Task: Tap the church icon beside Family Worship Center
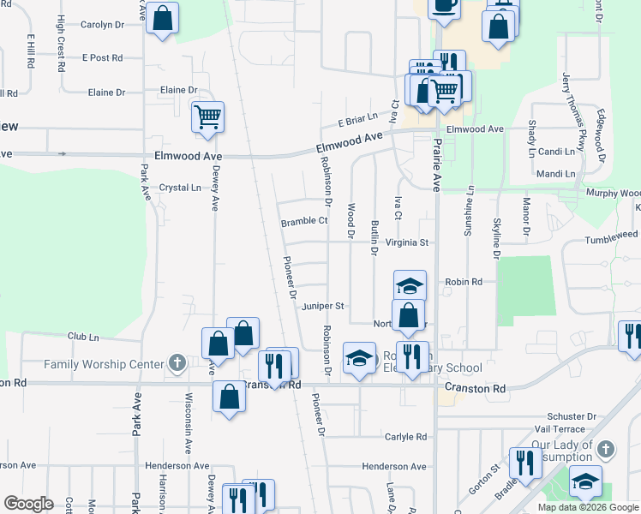(x=177, y=364)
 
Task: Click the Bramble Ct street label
(x=304, y=222)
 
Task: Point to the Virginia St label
(x=406, y=242)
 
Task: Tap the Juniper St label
(x=323, y=306)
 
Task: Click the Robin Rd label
(x=464, y=281)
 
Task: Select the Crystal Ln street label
(x=180, y=187)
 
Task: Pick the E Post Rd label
(x=102, y=57)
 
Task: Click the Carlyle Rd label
(x=405, y=436)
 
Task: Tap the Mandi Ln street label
(x=556, y=174)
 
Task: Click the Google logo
(x=28, y=504)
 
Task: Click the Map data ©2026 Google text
(x=587, y=507)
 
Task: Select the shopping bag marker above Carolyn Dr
(x=163, y=18)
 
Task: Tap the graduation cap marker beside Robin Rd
(x=410, y=285)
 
